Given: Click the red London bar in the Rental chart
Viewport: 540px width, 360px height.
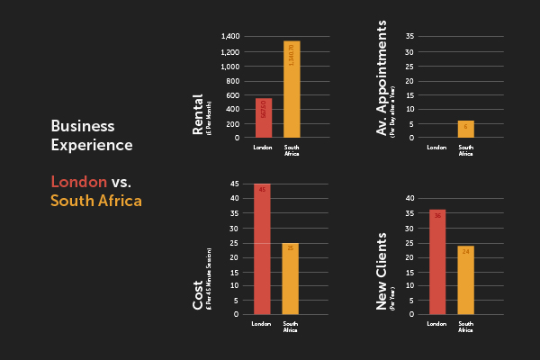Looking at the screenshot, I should pos(264,118).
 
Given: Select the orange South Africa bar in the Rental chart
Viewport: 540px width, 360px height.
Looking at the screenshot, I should pos(292,89).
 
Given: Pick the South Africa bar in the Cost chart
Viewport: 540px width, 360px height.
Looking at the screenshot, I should pos(290,279).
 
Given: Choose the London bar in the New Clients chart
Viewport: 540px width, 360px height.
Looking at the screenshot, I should pos(437,262).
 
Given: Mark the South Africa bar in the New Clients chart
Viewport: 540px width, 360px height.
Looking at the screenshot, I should pos(465,280).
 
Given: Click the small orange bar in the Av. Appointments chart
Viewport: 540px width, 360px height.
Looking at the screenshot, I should pos(465,130).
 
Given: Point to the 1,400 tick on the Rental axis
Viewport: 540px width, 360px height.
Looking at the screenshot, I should pos(229,37).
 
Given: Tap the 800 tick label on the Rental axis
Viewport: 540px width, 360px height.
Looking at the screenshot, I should pos(233,80).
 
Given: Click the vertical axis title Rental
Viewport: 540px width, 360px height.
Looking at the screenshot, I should pos(198,115).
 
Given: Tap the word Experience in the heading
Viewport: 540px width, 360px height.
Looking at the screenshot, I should pos(92,145).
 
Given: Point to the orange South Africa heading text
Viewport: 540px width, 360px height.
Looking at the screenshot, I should pos(95,201).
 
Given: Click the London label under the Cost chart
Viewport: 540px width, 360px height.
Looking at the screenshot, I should pos(261,324).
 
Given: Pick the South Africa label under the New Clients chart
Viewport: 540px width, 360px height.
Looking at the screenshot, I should pos(465,327).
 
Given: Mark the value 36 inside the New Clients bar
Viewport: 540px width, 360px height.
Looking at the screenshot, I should pos(437,216).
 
